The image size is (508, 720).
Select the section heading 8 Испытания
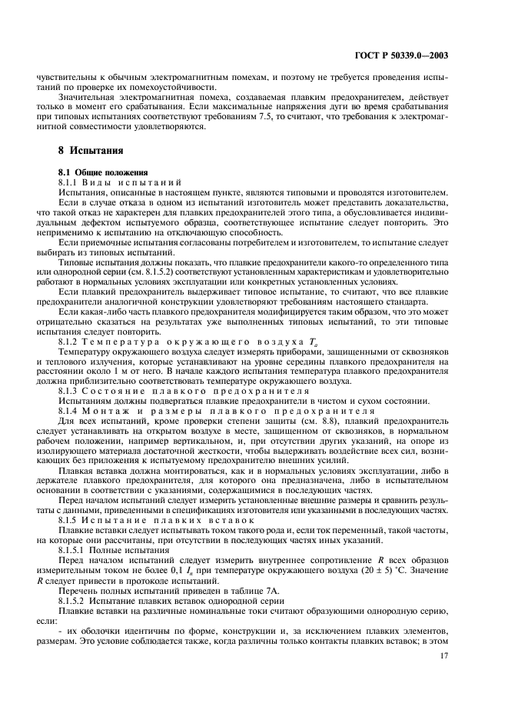coord(91,150)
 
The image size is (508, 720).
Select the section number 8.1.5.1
coord(75,551)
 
